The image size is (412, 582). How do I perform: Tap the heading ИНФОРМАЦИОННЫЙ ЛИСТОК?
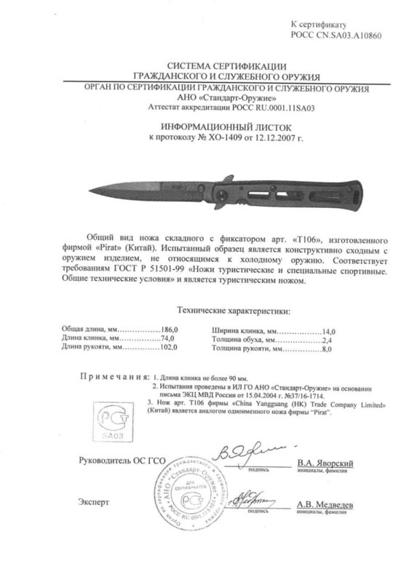tap(206, 126)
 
